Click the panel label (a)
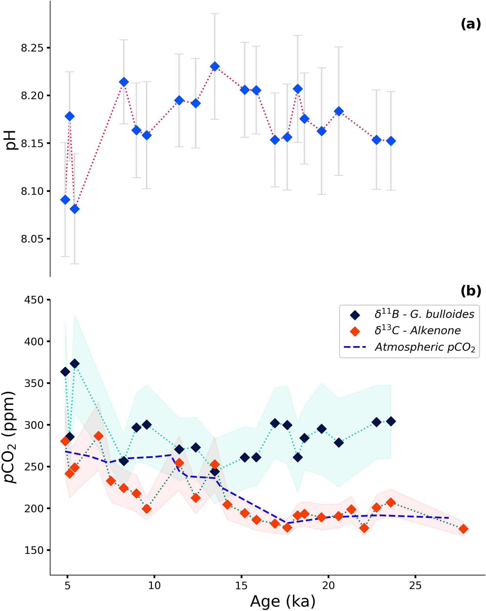[x=470, y=24]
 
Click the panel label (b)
[x=470, y=291]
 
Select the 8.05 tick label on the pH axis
[x=32, y=239]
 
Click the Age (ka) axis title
[x=283, y=601]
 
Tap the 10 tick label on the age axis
[x=154, y=585]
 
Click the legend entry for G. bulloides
[x=424, y=314]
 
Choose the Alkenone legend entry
[x=417, y=331]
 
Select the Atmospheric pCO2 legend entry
[x=425, y=347]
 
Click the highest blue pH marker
[x=215, y=67]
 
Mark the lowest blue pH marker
[x=75, y=209]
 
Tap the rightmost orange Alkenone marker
[x=463, y=529]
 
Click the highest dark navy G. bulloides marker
[x=75, y=364]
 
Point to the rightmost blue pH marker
[x=391, y=141]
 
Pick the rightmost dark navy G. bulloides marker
[x=391, y=421]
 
